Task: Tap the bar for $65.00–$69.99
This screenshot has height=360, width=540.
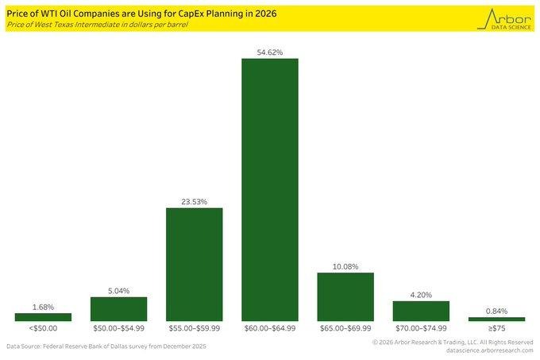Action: pos(345,296)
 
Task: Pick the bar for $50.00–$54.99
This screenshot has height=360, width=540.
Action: pos(118,308)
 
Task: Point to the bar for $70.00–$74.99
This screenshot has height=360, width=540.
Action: pos(421,311)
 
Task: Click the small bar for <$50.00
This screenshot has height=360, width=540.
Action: pos(43,317)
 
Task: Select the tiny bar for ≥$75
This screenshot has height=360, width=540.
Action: pos(496,319)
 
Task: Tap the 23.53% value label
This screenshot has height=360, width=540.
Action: pos(194,202)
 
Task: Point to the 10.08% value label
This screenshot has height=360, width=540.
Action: pos(345,266)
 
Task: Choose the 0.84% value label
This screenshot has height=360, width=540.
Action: pos(496,311)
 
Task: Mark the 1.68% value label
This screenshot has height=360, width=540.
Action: pos(43,306)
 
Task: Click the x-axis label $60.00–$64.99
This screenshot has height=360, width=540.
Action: pos(269,328)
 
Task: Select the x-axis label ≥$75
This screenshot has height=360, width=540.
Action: pos(496,328)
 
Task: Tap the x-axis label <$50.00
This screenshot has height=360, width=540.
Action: pos(43,328)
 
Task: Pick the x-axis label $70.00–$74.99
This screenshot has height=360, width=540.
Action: pos(421,328)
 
